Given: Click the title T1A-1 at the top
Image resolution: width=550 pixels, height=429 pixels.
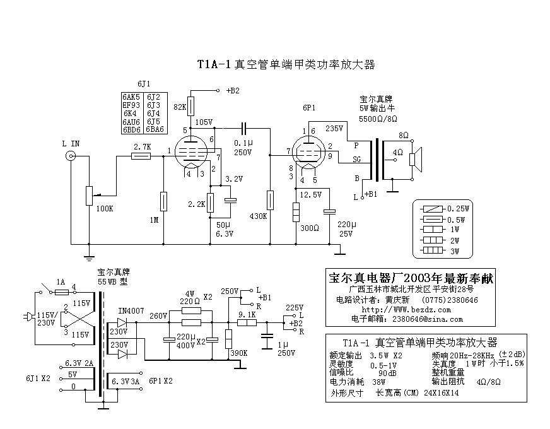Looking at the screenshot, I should [x=214, y=64].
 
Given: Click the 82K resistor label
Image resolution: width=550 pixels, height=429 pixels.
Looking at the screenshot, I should [x=179, y=107].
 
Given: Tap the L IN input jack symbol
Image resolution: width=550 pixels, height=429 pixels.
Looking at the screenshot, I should [x=71, y=158].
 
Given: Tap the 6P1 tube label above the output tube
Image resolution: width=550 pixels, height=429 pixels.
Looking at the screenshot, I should [x=308, y=108].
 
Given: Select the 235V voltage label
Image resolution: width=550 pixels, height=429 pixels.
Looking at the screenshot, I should [x=334, y=127].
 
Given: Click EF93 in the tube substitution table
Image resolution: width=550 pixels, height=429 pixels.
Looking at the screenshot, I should [x=131, y=105].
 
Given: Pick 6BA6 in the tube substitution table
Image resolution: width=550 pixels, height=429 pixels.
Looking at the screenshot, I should [x=155, y=129].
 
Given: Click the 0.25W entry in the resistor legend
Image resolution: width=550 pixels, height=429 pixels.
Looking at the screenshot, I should [x=455, y=208].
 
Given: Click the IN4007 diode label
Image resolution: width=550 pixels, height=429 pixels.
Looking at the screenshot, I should [x=131, y=310].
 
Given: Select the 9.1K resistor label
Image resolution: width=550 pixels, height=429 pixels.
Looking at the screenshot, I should [x=247, y=315].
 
